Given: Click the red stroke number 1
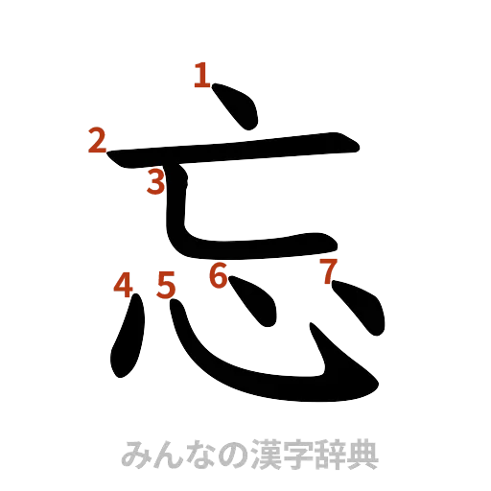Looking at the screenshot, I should pos(200,75).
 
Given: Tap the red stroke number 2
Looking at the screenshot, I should pos(95,141).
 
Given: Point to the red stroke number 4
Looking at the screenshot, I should pos(123,284).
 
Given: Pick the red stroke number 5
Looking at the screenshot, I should pos(165,285).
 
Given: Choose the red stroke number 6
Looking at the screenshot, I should pos(219,276).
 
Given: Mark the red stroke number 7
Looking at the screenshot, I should pos(328,271).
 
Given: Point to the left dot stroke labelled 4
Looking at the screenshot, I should pos(128,340).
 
